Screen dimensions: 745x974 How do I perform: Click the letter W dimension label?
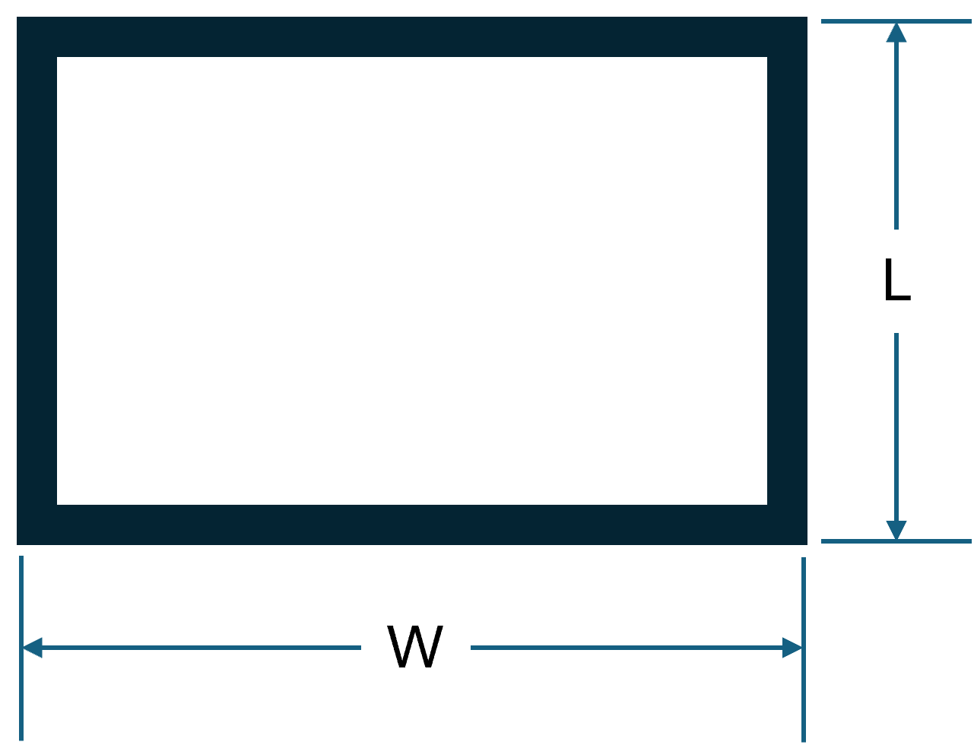[x=415, y=648]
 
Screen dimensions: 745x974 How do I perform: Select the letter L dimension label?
[x=896, y=281]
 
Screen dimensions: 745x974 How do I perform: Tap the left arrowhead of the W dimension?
[x=32, y=648]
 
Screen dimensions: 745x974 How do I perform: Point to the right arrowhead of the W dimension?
[x=792, y=648]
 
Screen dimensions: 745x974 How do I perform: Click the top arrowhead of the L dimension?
[x=896, y=33]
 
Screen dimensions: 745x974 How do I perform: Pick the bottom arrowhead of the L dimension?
[x=896, y=530]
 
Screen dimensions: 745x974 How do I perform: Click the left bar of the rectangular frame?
[x=36, y=281]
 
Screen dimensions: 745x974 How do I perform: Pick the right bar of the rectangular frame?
[x=787, y=281]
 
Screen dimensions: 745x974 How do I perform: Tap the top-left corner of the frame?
[x=36, y=36]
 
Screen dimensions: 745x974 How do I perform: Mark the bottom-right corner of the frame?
[x=787, y=525]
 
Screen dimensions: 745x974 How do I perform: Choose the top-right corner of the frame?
[x=787, y=36]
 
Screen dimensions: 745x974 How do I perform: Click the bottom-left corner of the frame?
[x=36, y=525]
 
